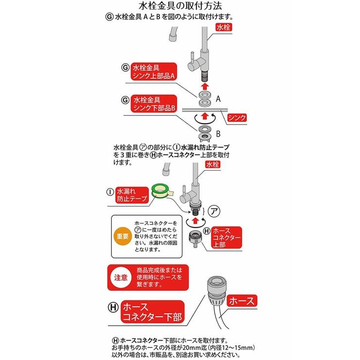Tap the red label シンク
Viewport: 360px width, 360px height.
pos(237,117)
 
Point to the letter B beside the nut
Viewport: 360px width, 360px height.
pos(218,134)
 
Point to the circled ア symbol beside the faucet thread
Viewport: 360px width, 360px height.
pos(214,210)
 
